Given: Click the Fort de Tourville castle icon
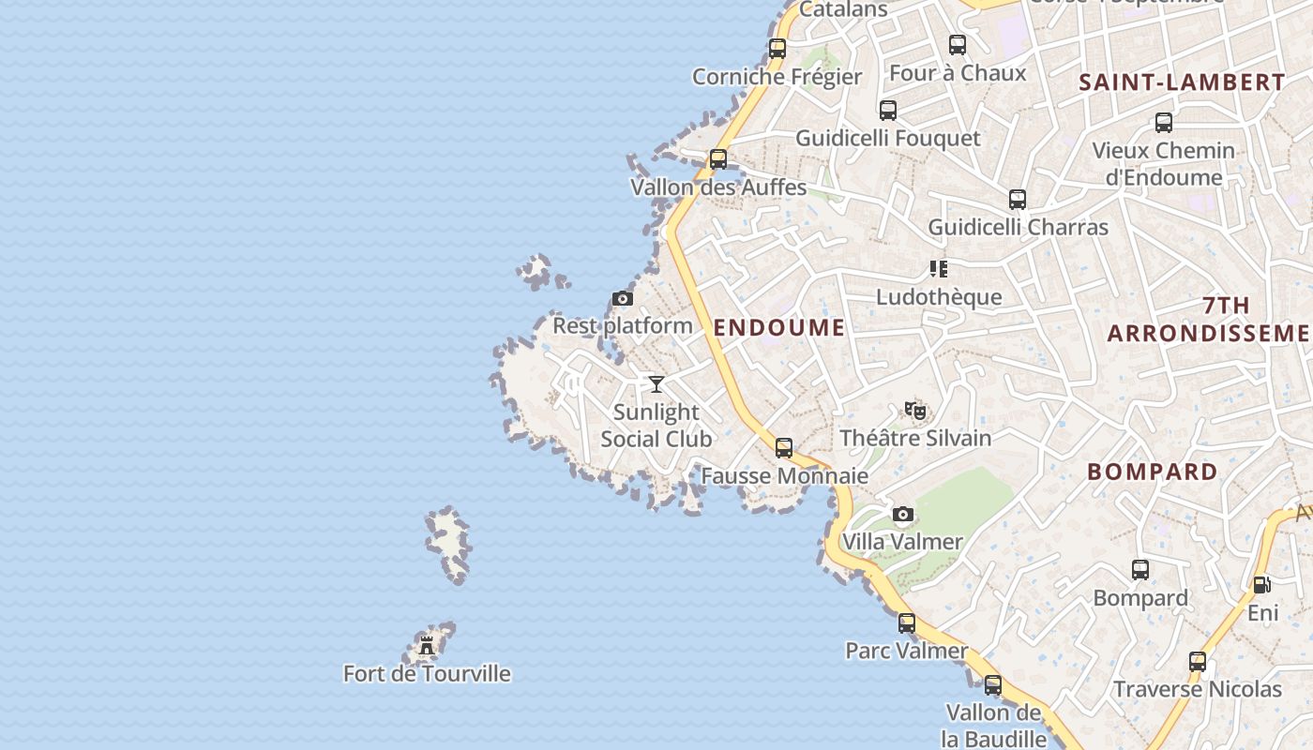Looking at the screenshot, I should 427,645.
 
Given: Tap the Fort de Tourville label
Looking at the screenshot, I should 427,673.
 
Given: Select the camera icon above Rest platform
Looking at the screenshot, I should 622,299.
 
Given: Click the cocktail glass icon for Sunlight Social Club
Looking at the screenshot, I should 656,383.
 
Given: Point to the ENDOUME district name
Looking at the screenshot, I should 779,327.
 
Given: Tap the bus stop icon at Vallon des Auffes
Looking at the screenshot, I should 718,159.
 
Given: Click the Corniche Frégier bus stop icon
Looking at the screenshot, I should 777,49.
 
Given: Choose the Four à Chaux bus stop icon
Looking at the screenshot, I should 958,44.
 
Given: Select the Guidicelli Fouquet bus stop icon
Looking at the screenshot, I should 888,111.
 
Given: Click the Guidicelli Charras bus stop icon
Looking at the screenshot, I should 1018,200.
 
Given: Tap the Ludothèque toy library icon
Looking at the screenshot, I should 938,269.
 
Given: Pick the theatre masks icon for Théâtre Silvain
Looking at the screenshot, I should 915,410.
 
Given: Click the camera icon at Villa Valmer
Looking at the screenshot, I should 902,514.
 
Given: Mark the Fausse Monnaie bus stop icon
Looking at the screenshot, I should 784,448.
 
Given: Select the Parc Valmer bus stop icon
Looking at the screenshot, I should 907,622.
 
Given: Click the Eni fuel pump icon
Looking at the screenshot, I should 1262,585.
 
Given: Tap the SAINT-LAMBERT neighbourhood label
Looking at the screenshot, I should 1182,82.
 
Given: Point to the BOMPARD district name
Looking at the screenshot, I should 1153,472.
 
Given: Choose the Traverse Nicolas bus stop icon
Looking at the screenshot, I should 1198,662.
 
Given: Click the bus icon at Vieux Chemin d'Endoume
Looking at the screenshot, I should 1164,123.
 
